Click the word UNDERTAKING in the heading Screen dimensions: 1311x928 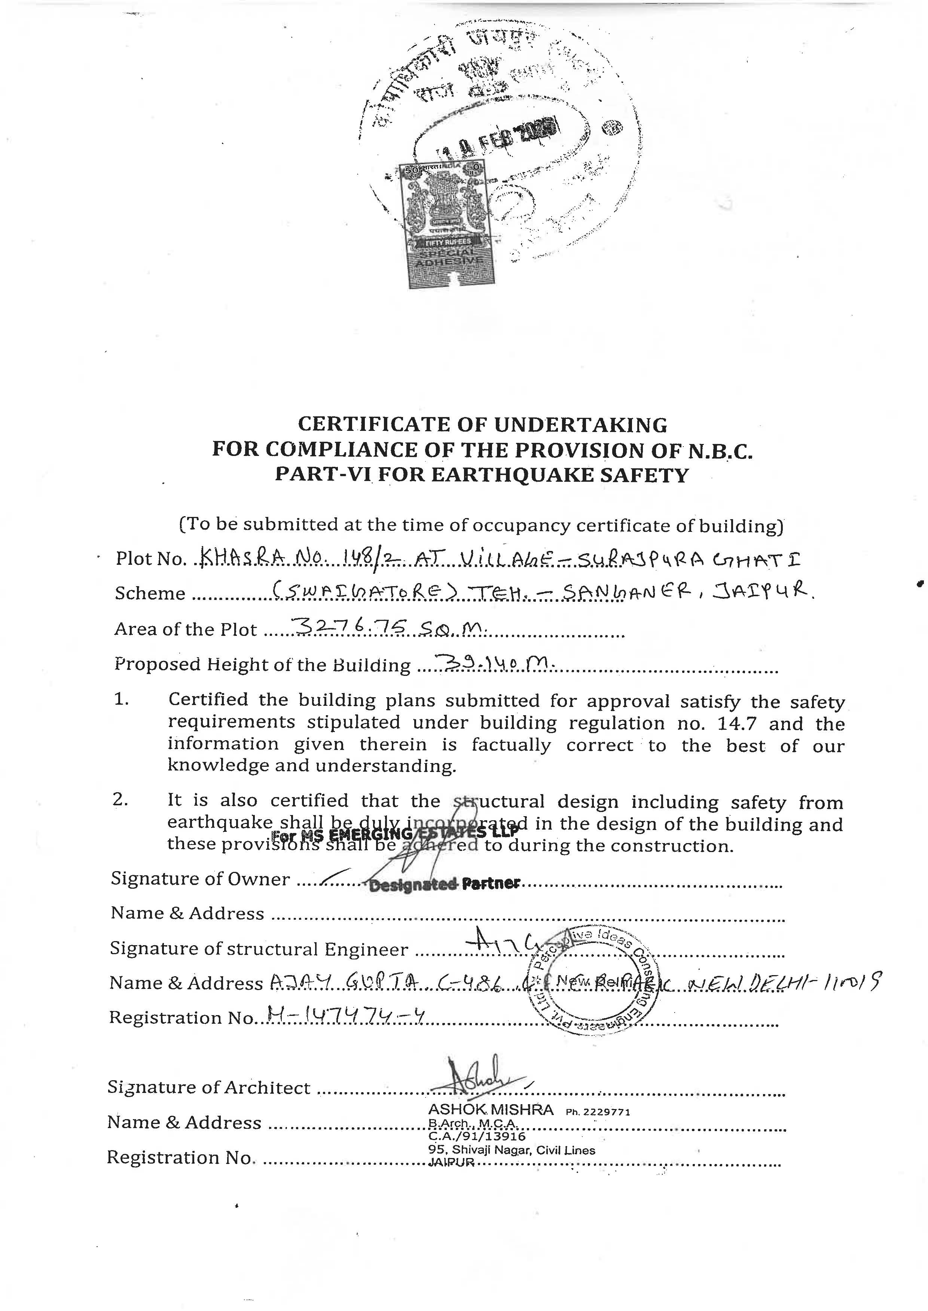[580, 425]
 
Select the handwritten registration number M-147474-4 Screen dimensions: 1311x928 [346, 1014]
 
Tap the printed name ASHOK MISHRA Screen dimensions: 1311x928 [491, 1109]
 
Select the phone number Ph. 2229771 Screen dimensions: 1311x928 [598, 1112]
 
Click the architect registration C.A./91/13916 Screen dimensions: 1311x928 [477, 1136]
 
